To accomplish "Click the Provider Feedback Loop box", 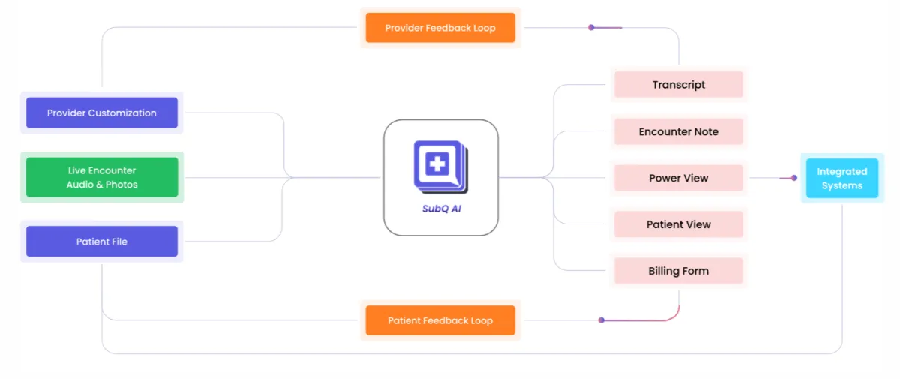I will (x=440, y=28).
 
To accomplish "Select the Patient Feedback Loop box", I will (x=440, y=320).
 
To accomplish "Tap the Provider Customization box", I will (x=102, y=113).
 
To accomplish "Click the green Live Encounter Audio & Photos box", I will (x=102, y=178).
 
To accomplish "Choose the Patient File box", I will (x=102, y=242).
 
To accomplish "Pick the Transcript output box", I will (x=679, y=85).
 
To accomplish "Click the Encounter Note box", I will (x=679, y=131).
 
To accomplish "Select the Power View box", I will (x=679, y=178).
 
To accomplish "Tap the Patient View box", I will (x=679, y=224).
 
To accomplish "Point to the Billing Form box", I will (x=679, y=271).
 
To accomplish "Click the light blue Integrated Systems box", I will (x=842, y=179).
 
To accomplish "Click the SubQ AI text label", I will (x=441, y=209).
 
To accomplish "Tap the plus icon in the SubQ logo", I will (x=436, y=163).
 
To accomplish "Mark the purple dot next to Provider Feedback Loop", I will (x=591, y=28).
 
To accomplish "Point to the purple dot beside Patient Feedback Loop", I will (x=601, y=320).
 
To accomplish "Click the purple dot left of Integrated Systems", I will (x=794, y=178).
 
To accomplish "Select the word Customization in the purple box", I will (x=122, y=113).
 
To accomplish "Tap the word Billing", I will (x=664, y=271).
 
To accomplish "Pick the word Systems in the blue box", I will (x=842, y=185).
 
